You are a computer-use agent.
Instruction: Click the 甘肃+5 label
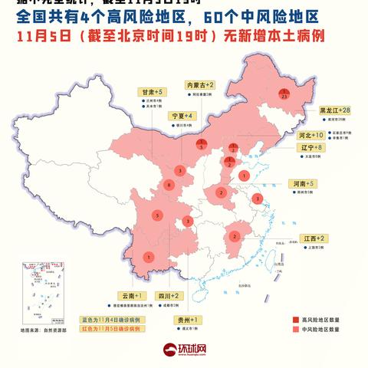[x=148, y=91]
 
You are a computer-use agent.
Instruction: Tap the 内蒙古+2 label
[x=201, y=84]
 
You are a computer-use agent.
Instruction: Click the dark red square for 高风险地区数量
[x=295, y=319]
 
